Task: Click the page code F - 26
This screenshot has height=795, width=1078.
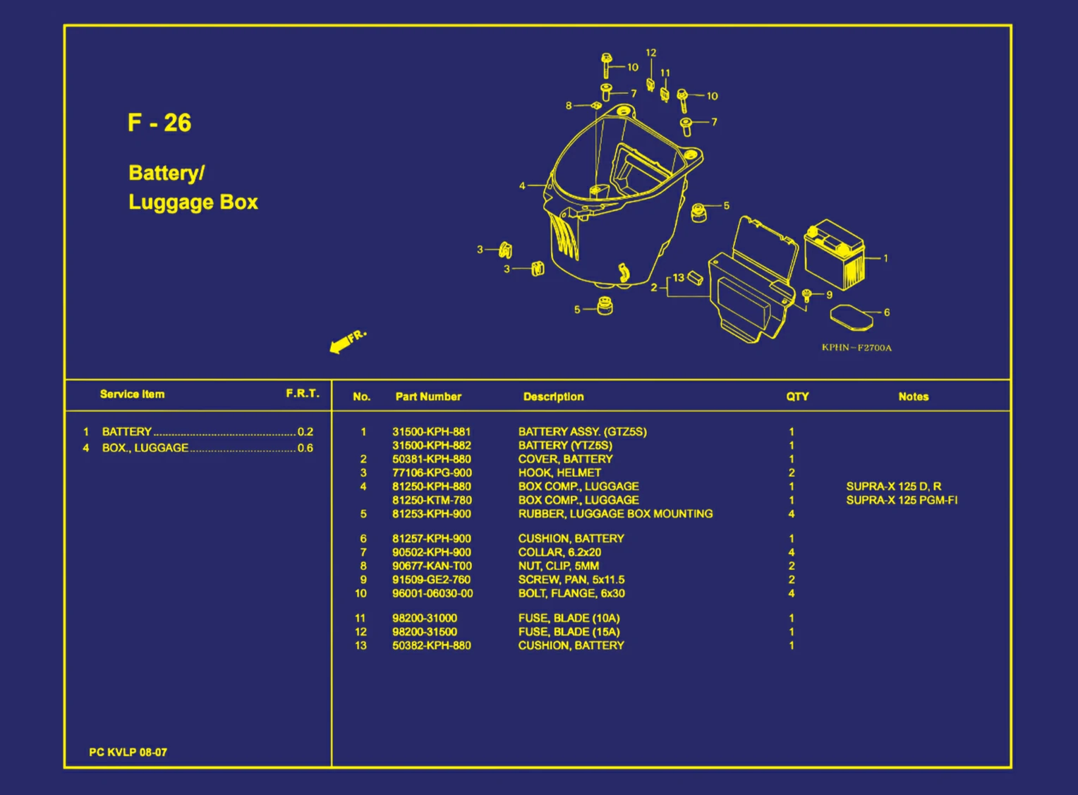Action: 159,123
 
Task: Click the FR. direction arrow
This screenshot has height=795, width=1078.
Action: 348,341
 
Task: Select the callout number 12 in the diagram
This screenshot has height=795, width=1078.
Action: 650,52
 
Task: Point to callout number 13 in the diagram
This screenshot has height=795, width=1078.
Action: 679,278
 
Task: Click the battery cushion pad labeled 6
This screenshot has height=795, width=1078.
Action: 852,317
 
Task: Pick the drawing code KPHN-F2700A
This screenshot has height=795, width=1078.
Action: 856,348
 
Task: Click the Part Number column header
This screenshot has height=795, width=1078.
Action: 428,396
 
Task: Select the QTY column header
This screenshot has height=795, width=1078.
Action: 797,396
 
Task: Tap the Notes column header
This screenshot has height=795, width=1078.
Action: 914,396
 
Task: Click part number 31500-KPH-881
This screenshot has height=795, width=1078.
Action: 431,432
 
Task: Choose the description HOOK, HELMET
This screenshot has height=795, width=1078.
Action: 559,473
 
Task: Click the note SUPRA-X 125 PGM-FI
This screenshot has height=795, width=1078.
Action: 902,500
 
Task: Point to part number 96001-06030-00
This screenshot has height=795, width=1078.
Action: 432,593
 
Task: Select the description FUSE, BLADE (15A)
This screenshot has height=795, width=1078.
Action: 569,632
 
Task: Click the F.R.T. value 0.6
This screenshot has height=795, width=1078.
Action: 305,448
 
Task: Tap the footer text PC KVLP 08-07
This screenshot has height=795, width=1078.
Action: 128,752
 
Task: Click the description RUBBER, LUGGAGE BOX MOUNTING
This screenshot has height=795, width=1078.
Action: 615,514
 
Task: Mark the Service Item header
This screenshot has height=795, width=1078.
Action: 133,394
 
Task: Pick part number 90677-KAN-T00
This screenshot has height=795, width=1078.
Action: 432,566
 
